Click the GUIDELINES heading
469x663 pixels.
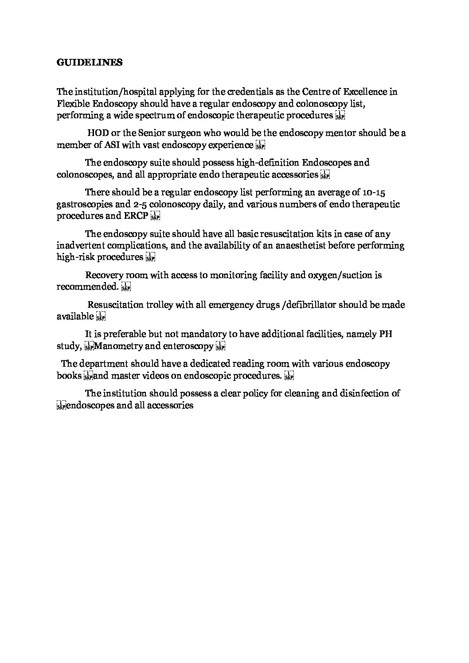pos(90,62)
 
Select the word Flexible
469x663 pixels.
pos(72,104)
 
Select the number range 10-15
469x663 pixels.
pos(375,193)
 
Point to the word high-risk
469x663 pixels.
pos(76,257)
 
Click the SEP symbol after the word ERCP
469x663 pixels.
pos(155,216)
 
